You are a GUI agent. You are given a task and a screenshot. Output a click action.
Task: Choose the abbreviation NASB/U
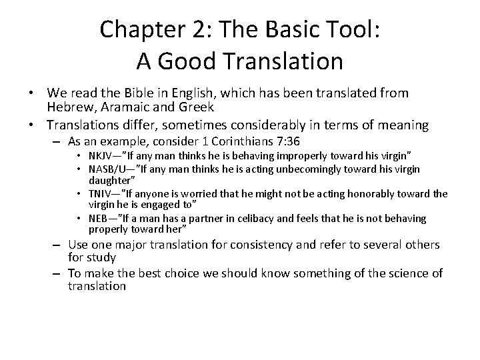(109, 169)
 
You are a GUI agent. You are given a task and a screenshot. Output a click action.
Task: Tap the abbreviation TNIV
(102, 193)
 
